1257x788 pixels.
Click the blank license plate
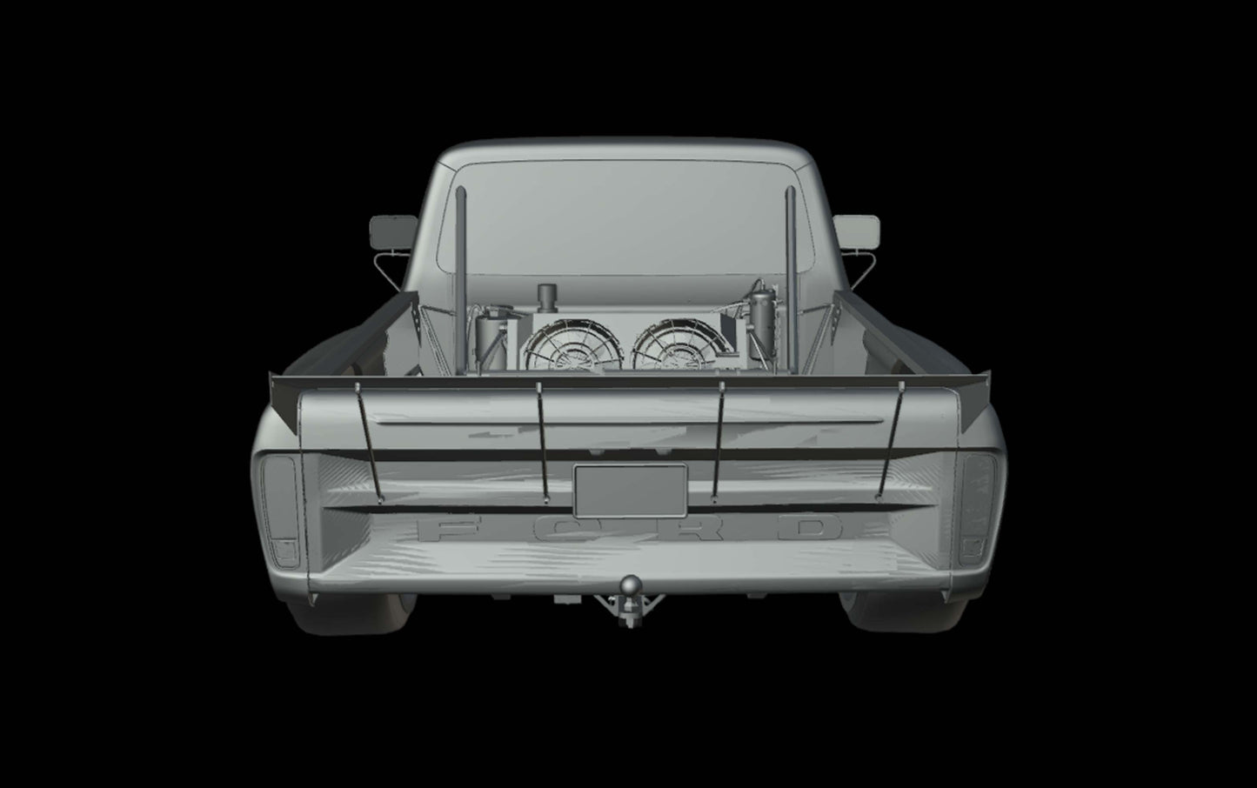[630, 491]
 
